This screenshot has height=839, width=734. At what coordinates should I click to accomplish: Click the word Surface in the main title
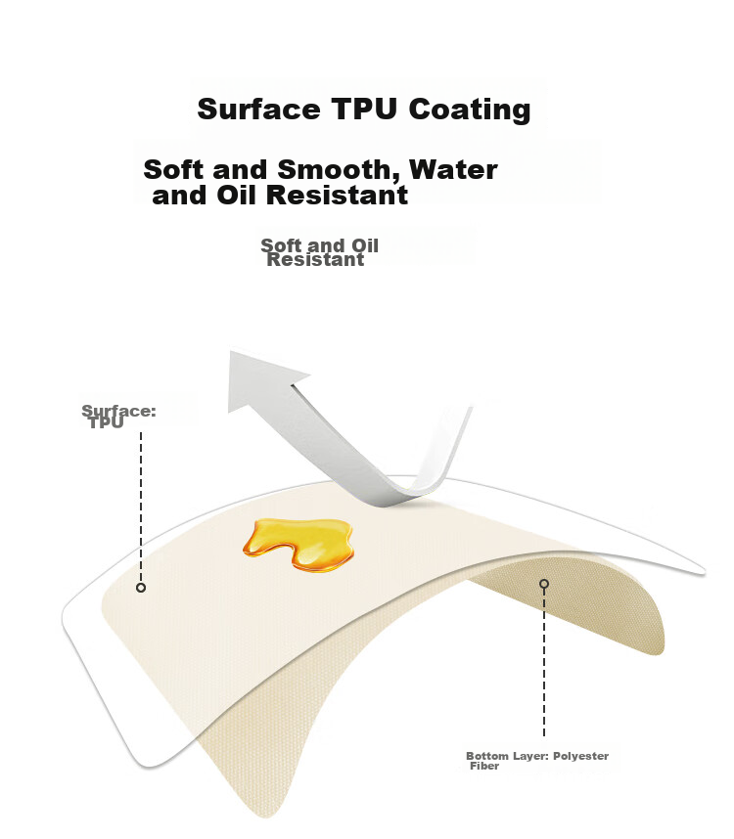point(258,110)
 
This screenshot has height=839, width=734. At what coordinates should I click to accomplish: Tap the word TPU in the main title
point(365,110)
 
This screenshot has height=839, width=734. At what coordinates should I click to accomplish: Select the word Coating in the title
point(470,110)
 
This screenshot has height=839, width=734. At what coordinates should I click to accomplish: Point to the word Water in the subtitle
point(453,169)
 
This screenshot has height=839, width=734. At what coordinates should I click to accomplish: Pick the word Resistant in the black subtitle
point(338,195)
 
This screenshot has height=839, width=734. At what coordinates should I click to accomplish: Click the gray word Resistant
point(316,260)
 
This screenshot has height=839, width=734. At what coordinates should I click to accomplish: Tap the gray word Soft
point(281,245)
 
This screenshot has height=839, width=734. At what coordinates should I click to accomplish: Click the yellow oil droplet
point(298,544)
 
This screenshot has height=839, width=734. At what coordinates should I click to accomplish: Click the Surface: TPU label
point(118,417)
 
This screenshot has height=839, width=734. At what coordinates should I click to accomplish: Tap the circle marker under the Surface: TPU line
point(141,588)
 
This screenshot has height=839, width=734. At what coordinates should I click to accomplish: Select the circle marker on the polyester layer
point(544,583)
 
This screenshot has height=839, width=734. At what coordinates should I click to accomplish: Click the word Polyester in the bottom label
point(581,756)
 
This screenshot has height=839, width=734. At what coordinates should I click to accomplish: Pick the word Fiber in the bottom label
point(484,766)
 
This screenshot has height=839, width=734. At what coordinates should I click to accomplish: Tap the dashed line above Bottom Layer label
point(544,662)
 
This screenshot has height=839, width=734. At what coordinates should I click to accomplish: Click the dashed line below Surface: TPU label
point(141,508)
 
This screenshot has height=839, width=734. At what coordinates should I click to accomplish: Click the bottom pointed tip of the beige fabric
point(266,816)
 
